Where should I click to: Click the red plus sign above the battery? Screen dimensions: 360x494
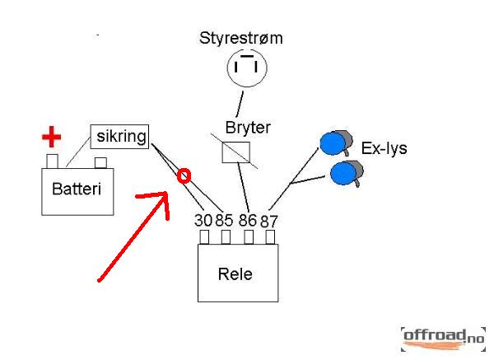click(x=53, y=138)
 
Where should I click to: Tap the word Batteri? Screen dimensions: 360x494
click(x=76, y=189)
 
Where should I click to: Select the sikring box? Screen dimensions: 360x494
click(x=119, y=136)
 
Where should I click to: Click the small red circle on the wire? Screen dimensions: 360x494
click(x=184, y=175)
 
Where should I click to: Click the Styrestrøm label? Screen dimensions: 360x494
click(x=247, y=39)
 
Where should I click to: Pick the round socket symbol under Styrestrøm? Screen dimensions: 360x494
click(x=247, y=67)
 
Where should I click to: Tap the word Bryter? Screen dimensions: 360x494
click(x=248, y=129)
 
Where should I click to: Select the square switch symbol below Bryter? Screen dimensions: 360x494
click(x=237, y=152)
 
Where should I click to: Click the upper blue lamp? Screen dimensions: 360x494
click(x=333, y=143)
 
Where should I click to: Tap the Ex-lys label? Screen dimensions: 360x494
click(x=384, y=149)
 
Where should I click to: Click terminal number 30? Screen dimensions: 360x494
click(x=203, y=220)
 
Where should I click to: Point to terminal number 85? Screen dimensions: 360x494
click(x=226, y=220)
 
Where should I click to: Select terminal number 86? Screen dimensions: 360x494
click(x=248, y=220)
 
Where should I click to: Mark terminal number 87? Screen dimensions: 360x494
click(x=269, y=221)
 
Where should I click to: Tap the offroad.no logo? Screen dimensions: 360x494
click(x=443, y=336)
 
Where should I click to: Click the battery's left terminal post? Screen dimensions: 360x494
click(x=51, y=161)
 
